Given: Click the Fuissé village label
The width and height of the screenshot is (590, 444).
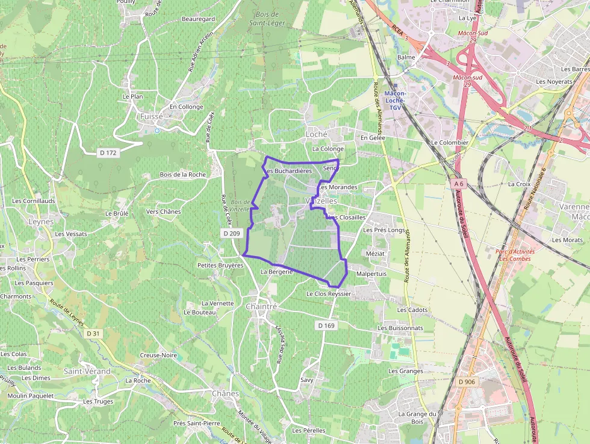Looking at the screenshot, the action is coord(151,116).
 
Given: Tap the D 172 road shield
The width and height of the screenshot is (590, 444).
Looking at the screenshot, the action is coord(108,153).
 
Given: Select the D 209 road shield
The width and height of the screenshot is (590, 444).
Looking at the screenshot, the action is coord(231,233).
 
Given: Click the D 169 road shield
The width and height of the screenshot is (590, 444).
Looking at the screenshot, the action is coord(326,325).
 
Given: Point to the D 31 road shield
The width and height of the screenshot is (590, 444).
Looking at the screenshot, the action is coord(93,333).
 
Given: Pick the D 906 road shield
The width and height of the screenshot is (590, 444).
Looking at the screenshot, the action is coord(467,381).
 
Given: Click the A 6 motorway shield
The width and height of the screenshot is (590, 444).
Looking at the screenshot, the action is coord(459,183).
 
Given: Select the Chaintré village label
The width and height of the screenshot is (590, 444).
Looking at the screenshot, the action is coord(261,307).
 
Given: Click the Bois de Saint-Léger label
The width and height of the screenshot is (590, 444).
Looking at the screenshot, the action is coord(267,19).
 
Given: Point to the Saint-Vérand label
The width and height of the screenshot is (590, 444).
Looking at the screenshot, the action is coord(87,372).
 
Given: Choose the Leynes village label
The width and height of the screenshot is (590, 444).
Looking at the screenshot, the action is coord(41,222).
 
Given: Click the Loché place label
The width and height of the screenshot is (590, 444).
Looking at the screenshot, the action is coord(317,134).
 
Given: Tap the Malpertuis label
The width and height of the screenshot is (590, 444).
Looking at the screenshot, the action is coord(371,274).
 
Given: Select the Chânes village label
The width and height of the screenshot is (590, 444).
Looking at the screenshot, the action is coord(225,393).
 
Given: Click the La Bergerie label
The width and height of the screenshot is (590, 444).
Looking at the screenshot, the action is coord(276,272).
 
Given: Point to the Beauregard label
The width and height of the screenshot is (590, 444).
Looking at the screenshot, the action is coord(198,19).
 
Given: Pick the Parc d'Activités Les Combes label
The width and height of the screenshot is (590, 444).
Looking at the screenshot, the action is coord(515,255).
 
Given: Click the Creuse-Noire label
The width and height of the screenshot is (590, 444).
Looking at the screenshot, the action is coord(158,355).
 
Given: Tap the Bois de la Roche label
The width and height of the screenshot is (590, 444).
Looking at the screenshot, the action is coord(182,175).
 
